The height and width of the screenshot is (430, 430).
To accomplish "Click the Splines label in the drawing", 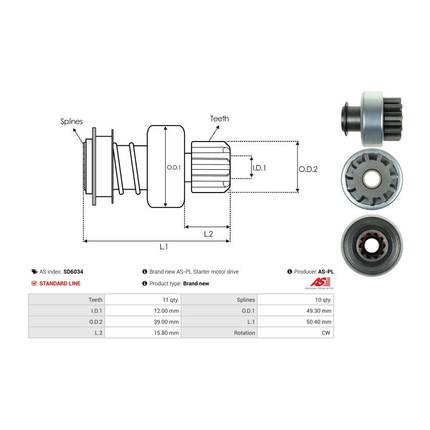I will tap(71, 121).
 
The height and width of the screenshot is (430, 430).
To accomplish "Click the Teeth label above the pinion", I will tap(219, 118).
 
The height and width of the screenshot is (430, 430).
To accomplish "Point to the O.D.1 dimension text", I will tap(173, 167).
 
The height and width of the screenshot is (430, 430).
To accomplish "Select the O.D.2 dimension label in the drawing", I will tap(308, 169).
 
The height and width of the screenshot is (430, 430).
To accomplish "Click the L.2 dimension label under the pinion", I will tap(208, 234).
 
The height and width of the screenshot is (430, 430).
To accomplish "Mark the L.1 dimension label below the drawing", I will tap(163, 247).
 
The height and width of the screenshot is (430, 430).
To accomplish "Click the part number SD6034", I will tap(73, 271).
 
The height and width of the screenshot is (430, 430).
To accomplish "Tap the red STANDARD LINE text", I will tap(60, 283).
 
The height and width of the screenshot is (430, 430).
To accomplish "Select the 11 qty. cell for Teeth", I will tap(171, 300).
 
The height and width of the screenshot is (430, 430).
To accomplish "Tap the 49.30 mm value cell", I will tap(319, 311).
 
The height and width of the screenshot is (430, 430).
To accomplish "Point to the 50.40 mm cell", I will tap(319, 322).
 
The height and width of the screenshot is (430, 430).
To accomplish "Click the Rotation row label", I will tap(245, 333).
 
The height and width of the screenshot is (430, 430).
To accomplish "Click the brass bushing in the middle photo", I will tap(371, 179).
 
